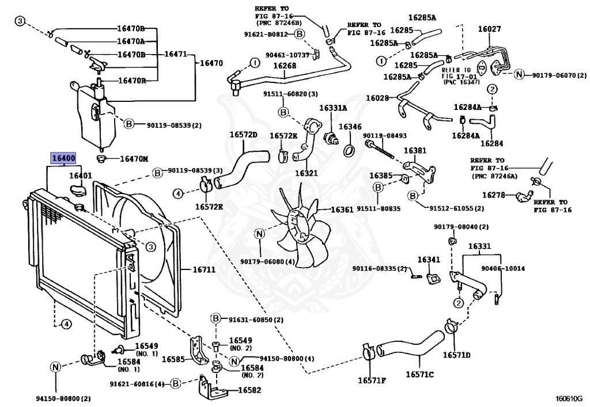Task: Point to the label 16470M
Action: (x=134, y=159)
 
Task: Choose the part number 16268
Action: (x=285, y=66)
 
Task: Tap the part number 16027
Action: (x=489, y=28)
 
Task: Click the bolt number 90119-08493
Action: (x=385, y=136)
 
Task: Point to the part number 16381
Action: (x=415, y=150)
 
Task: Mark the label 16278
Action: (x=493, y=195)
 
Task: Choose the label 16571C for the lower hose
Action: (x=419, y=374)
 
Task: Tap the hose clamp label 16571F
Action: (x=372, y=380)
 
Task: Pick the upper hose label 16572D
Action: (x=243, y=135)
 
